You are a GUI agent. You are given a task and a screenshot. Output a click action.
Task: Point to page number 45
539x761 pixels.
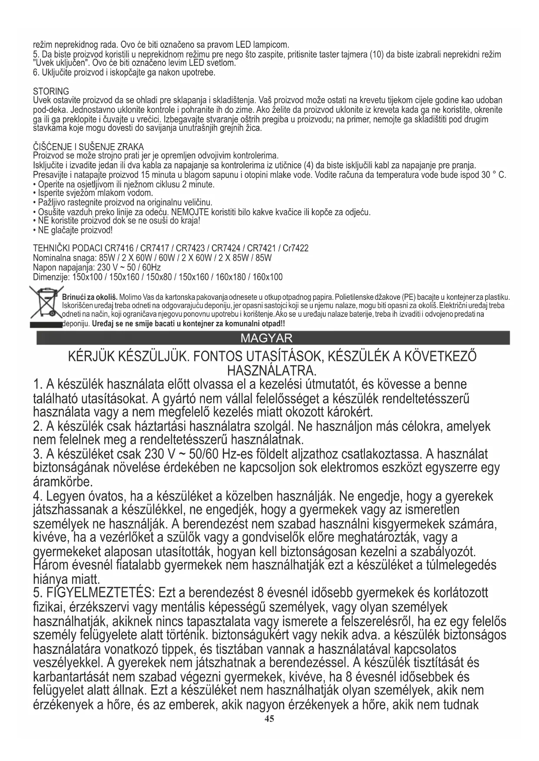[269, 731]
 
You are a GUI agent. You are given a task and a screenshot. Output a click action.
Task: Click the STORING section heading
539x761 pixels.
[51, 92]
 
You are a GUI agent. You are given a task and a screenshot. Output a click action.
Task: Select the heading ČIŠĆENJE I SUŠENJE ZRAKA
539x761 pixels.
[88, 147]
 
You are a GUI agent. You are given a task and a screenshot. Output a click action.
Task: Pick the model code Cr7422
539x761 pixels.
[295, 249]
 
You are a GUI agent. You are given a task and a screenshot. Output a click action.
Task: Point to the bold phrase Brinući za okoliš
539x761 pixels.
[90, 297]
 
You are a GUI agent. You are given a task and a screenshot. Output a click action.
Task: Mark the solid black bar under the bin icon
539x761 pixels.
[46, 324]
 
